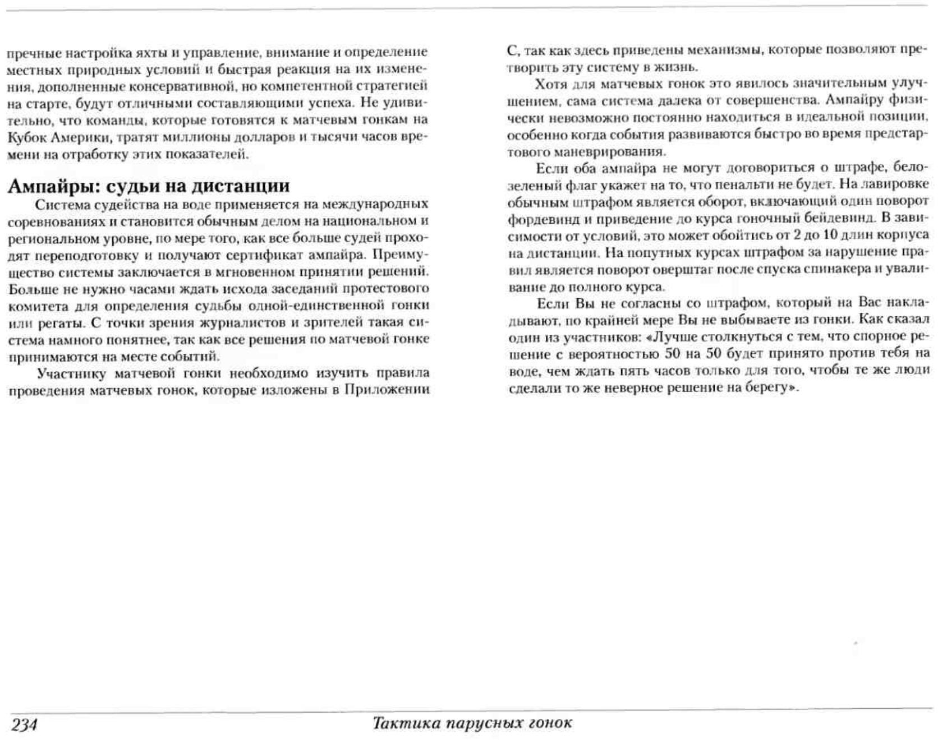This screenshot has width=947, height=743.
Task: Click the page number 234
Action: [x=24, y=724]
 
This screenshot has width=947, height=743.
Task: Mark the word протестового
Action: [x=390, y=289]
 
